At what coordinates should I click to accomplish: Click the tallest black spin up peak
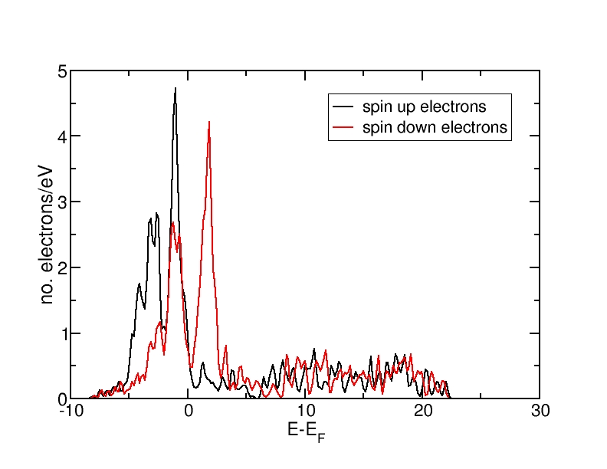tap(176, 89)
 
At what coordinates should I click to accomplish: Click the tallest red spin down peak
tap(208, 123)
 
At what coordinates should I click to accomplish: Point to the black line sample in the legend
tap(342, 107)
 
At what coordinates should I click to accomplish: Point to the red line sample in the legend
tap(342, 128)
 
